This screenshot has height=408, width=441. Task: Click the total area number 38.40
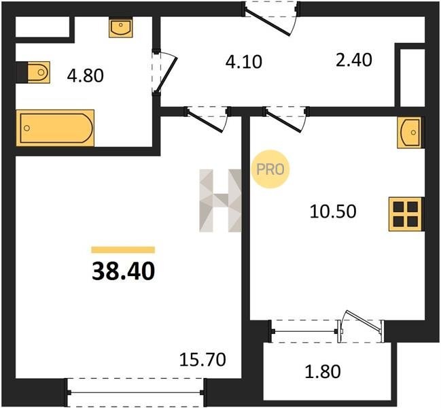(x=123, y=271)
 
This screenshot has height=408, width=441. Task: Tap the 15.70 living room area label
(x=202, y=360)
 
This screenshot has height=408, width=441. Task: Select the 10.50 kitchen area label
(x=333, y=211)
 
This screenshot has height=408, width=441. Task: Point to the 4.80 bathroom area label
(x=85, y=75)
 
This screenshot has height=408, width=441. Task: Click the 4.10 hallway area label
(x=243, y=62)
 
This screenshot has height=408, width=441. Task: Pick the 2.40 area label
(x=354, y=61)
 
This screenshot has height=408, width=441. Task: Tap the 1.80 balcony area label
(x=323, y=371)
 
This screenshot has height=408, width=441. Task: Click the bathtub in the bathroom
(x=55, y=128)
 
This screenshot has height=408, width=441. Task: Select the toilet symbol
(x=39, y=72)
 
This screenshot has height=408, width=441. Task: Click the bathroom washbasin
(x=121, y=28)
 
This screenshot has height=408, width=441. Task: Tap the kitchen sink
(x=409, y=133)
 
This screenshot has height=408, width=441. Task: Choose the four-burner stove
(x=405, y=214)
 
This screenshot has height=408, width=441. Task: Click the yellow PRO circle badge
(x=270, y=169)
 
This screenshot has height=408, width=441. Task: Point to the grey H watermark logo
(x=220, y=201)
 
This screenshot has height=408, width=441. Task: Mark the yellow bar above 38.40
(x=123, y=250)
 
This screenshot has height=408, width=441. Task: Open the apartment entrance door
(x=267, y=22)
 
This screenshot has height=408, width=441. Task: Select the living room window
(x=135, y=392)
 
